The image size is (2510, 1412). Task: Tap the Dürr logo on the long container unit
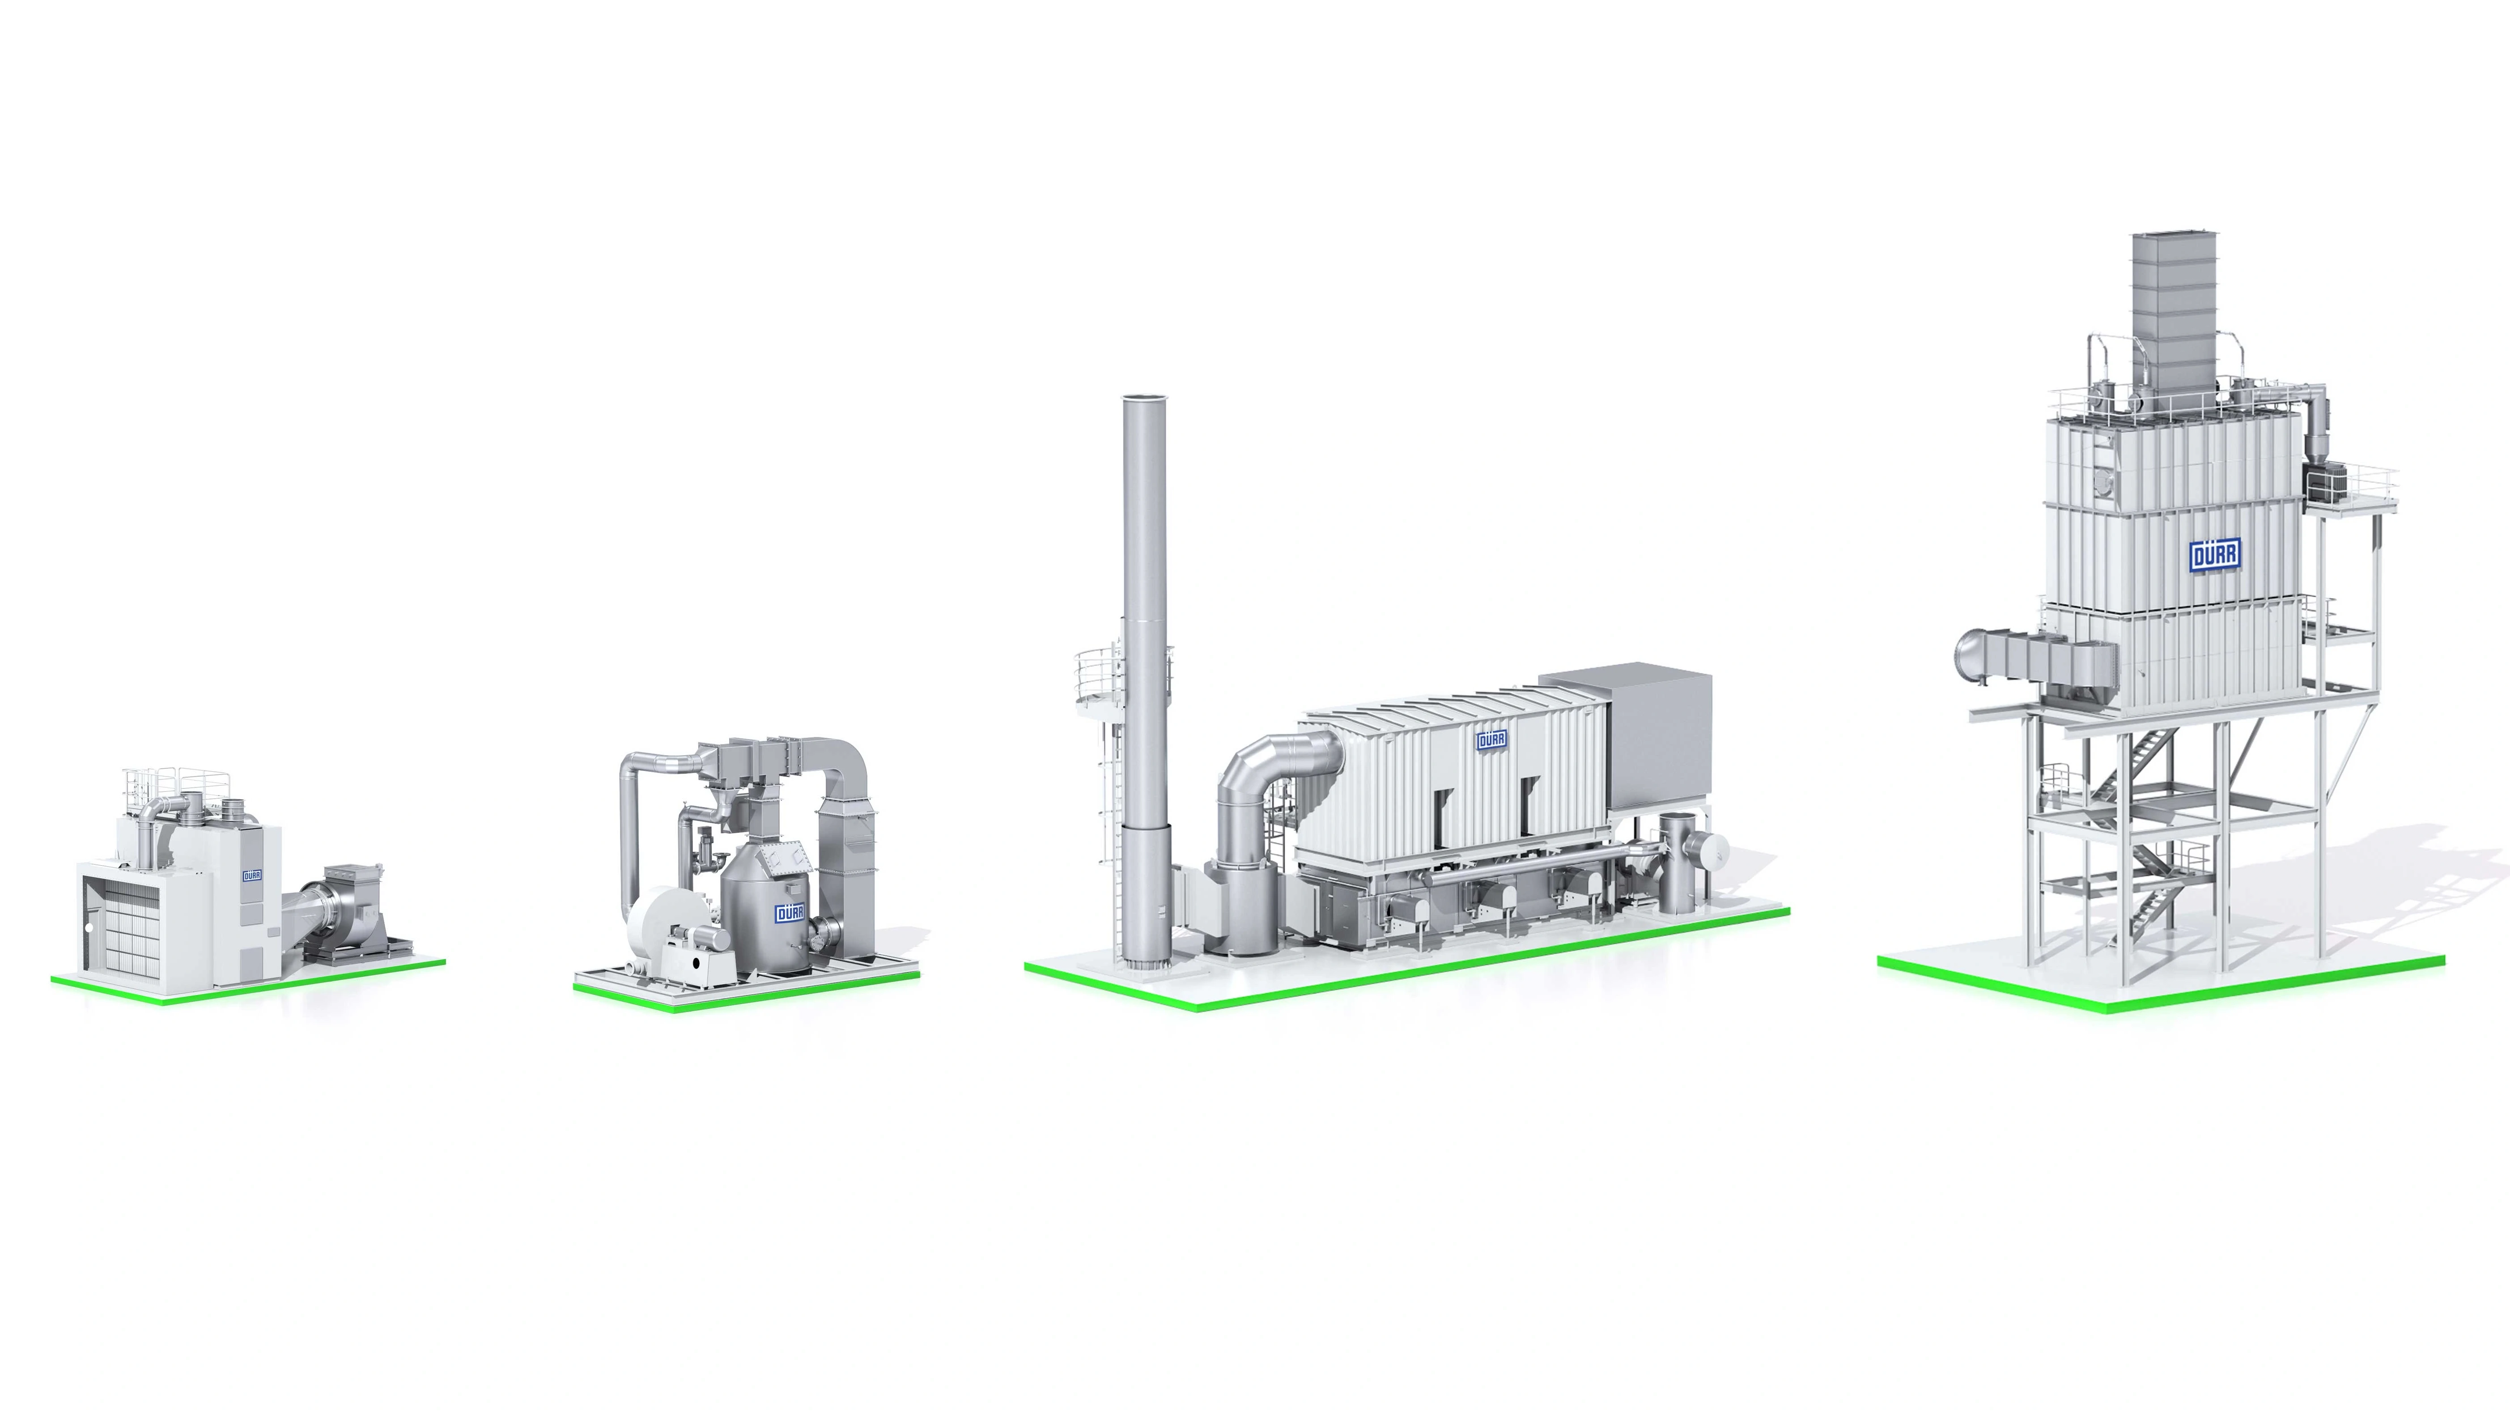click(1491, 740)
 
